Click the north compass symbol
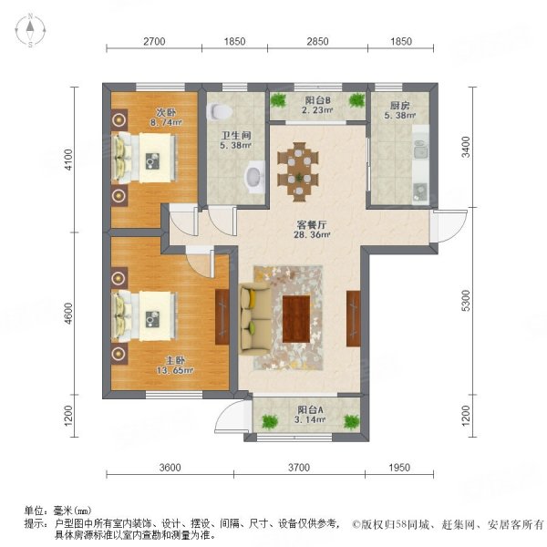29,31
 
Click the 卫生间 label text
236,139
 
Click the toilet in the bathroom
219,111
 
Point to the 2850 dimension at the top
316,42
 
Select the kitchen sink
419,191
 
